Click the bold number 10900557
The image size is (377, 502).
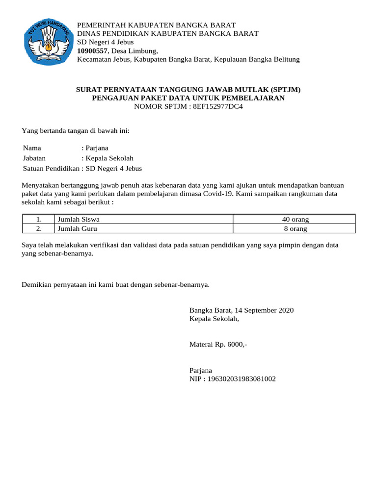pyautogui.click(x=93, y=51)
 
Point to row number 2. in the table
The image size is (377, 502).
pyautogui.click(x=38, y=228)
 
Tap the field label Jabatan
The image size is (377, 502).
pyautogui.click(x=34, y=158)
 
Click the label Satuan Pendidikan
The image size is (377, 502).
pyautogui.click(x=51, y=169)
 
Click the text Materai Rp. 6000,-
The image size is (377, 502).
pyautogui.click(x=218, y=345)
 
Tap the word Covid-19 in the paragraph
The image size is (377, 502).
pyautogui.click(x=221, y=193)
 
